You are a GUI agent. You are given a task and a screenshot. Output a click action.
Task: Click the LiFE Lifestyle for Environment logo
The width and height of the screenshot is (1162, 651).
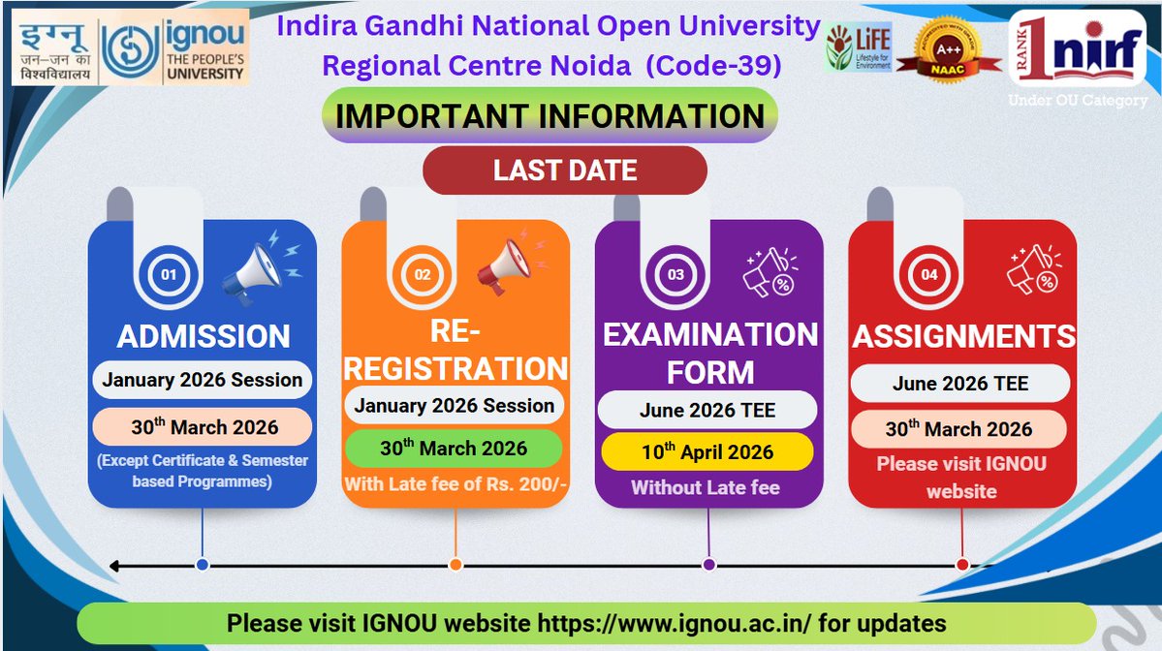click(858, 49)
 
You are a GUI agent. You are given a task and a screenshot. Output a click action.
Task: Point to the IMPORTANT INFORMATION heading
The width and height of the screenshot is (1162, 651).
click(550, 116)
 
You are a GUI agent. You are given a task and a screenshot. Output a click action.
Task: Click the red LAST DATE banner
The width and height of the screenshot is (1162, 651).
click(565, 170)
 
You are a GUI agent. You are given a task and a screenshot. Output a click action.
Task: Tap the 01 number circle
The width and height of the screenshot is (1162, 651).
click(169, 274)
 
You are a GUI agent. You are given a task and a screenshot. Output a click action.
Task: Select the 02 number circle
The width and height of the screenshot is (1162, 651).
click(423, 274)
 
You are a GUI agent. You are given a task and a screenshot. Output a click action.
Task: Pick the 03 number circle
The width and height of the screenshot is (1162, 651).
click(676, 274)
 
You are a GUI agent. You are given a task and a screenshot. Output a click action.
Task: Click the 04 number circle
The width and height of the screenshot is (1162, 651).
click(929, 274)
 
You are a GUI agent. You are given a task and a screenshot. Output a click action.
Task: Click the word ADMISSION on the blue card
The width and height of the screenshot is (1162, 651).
click(204, 336)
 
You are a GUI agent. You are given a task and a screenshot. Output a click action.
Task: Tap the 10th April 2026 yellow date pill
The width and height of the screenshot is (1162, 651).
click(707, 451)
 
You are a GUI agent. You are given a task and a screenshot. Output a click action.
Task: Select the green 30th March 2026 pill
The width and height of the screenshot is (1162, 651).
click(454, 448)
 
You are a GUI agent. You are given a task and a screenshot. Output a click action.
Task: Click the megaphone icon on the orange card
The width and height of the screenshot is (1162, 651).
click(503, 264)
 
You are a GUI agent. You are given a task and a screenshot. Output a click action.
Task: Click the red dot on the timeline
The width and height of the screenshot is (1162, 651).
click(962, 565)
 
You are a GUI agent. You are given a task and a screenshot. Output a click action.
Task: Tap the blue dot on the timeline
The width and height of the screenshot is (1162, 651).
click(202, 565)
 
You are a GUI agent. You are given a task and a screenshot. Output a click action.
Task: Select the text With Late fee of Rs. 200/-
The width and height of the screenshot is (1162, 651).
click(455, 483)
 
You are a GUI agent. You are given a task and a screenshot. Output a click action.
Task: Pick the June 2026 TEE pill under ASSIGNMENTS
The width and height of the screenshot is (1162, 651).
click(959, 384)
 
